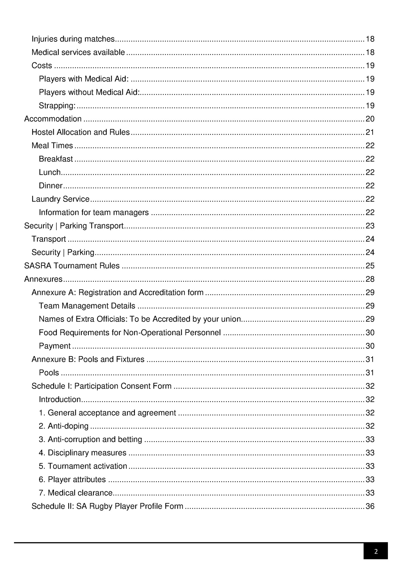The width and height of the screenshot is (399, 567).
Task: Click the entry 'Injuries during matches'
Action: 73,39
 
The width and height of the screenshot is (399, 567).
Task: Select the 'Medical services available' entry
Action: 78,52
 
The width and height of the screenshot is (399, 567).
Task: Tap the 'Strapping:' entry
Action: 57,106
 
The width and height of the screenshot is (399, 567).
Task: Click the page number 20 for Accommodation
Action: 370,119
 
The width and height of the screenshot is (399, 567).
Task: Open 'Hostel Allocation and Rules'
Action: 80,132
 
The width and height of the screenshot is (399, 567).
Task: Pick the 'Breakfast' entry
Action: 56,159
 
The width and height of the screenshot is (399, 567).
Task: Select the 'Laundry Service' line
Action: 60,199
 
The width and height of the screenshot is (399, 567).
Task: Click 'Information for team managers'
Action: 94,212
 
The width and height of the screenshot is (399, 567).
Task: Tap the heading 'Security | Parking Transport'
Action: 74,226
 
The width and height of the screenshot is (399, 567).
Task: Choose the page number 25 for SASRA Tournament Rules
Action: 370,266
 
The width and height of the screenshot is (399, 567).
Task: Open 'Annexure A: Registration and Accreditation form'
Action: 117,292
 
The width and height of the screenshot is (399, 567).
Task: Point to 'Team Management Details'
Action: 87,306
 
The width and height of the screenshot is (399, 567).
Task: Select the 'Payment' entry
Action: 54,346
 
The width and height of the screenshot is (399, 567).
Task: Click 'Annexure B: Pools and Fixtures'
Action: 88,359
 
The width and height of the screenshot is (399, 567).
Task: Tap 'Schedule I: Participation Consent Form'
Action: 101,386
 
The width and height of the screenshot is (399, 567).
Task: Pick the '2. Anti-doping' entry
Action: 63,426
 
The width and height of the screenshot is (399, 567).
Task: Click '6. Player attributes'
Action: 72,479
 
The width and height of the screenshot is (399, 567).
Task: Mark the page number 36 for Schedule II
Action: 370,506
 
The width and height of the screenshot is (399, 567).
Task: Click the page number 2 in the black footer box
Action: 376,551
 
